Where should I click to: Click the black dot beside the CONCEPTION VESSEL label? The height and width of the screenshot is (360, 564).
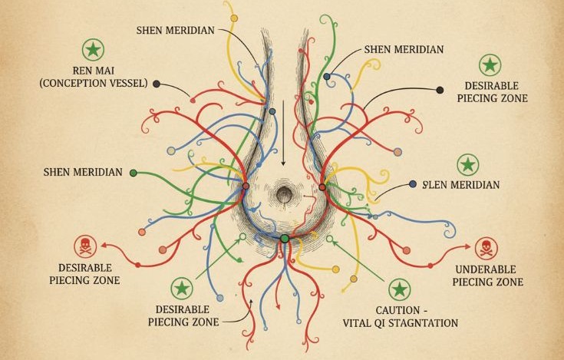coord(157,84)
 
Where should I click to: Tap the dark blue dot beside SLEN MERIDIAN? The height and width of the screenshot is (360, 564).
coord(413,184)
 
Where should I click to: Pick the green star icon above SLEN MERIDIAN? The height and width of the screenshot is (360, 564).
coord(467,164)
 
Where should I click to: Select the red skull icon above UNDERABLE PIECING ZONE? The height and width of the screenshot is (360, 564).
coord(485,248)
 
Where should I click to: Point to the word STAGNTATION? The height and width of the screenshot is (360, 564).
coord(424,323)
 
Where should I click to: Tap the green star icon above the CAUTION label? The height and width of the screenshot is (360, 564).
coord(398,289)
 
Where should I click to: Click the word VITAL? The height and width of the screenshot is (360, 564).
coord(355,323)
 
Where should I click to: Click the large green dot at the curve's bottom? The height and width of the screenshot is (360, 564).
coord(285,239)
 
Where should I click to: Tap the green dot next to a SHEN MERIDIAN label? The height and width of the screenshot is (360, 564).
coord(133,173)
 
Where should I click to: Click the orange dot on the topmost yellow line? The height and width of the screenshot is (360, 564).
coord(234,16)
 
